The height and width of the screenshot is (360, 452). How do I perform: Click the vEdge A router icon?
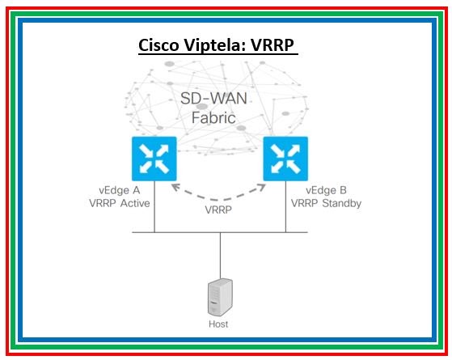click(154, 159)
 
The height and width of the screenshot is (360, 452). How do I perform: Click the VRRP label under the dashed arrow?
click(219, 209)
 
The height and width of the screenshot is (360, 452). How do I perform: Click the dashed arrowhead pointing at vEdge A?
click(173, 187)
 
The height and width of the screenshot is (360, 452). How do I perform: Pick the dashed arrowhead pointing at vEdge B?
click(263, 187)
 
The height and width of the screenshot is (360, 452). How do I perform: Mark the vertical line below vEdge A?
click(154, 209)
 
